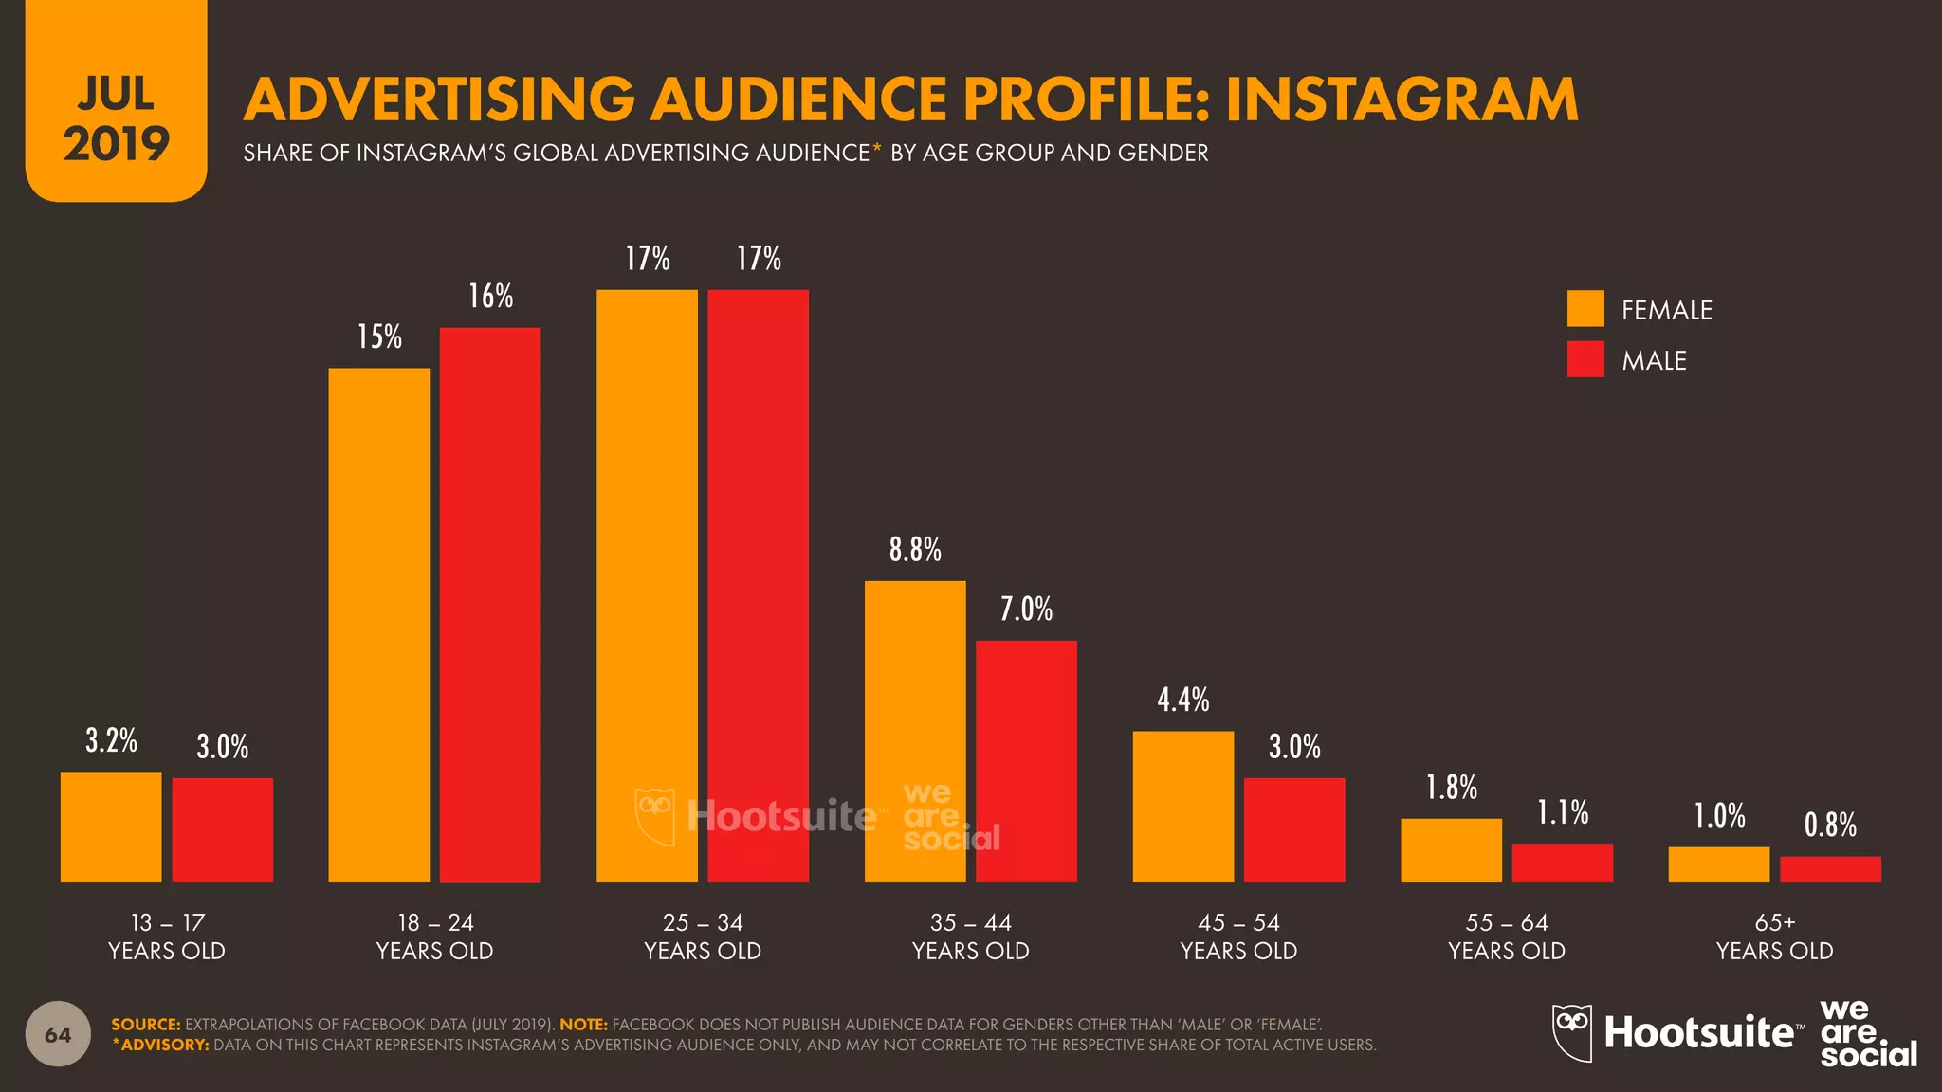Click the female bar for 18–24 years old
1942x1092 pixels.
tap(378, 625)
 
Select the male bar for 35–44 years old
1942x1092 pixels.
tap(1026, 761)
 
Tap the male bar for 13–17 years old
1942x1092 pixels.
tap(222, 829)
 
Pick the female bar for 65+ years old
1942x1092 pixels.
tap(1718, 864)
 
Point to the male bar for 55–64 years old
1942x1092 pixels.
tap(1562, 863)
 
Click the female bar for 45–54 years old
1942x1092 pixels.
tap(1182, 807)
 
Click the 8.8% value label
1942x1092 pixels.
tap(915, 550)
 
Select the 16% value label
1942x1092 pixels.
tap(490, 297)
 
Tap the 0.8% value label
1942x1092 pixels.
tap(1830, 826)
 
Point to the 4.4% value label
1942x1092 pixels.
tap(1182, 701)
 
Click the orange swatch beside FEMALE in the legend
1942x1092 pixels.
tap(1585, 309)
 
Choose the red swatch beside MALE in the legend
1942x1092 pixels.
tap(1585, 359)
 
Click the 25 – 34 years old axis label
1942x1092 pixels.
tap(703, 937)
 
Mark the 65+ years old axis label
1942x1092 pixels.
tap(1774, 937)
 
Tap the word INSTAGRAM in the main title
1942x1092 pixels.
tap(1402, 100)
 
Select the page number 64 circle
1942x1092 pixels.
tap(58, 1034)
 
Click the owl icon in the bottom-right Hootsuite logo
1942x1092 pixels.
tap(1571, 1031)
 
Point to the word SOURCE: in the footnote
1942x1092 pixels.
tap(145, 1025)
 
